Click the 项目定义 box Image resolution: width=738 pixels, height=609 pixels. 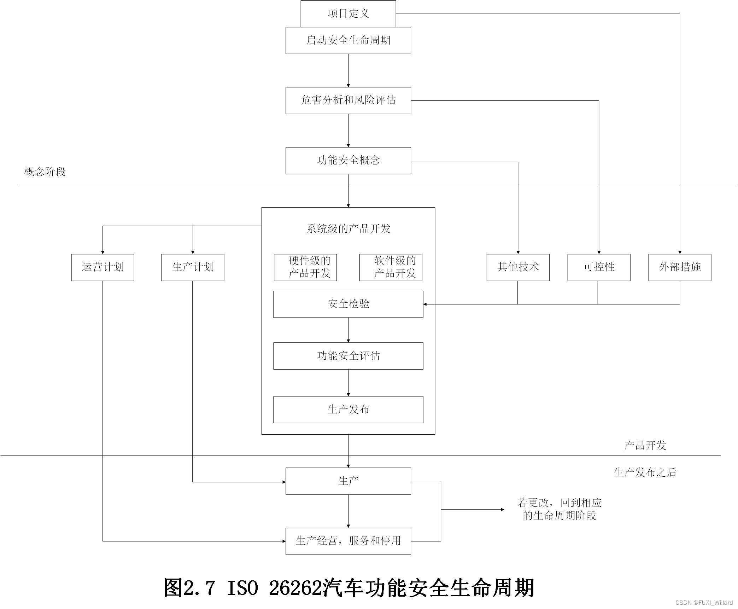coord(348,13)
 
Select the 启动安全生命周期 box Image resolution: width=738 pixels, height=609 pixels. coord(348,40)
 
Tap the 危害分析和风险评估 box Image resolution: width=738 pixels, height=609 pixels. coord(348,100)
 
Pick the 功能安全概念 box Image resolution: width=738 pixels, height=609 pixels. coord(348,161)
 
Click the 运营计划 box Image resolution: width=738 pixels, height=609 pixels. coord(102,267)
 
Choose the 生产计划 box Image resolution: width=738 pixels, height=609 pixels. coord(193,267)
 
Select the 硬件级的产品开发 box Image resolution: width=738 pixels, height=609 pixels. coord(305,267)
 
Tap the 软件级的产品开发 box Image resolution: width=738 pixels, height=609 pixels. coord(391,267)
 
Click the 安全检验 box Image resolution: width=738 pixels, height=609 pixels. coord(348,304)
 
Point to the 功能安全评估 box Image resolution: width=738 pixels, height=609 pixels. coord(348,356)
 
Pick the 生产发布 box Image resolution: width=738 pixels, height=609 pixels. coord(348,410)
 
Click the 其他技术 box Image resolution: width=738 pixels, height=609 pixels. coord(518,267)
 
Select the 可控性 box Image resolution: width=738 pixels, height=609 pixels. coord(599,267)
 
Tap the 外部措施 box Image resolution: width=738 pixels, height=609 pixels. coord(680,267)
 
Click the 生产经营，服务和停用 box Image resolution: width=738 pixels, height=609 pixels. coord(348,541)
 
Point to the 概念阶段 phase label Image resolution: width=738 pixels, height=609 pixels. coord(45,172)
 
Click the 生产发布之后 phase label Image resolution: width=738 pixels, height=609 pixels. coord(645,472)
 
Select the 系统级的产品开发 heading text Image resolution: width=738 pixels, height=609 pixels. coord(348,229)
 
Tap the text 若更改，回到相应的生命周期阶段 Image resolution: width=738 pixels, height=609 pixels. coord(560,509)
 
